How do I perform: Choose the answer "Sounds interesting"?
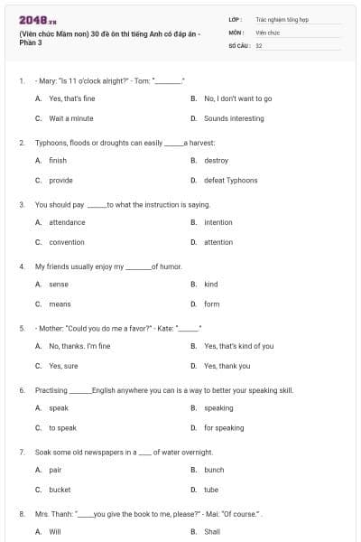click(234, 118)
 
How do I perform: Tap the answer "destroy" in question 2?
click(216, 161)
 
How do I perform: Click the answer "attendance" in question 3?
click(67, 222)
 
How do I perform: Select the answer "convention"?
click(66, 242)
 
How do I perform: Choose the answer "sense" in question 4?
click(59, 285)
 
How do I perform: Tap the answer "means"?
click(60, 304)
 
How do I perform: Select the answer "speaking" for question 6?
click(218, 408)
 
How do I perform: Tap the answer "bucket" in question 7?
click(60, 490)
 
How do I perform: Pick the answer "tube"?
click(211, 490)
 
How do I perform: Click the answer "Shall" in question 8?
click(212, 532)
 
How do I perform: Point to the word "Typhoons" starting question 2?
click(50, 143)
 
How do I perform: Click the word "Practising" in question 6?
click(51, 390)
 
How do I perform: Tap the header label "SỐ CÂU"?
click(238, 45)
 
